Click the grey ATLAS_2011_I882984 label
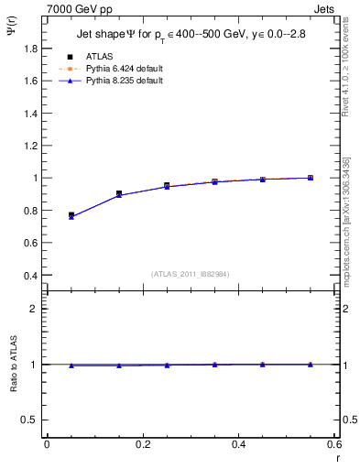tap(190, 273)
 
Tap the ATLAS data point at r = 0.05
tap(71, 215)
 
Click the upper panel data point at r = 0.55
tap(311, 178)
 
